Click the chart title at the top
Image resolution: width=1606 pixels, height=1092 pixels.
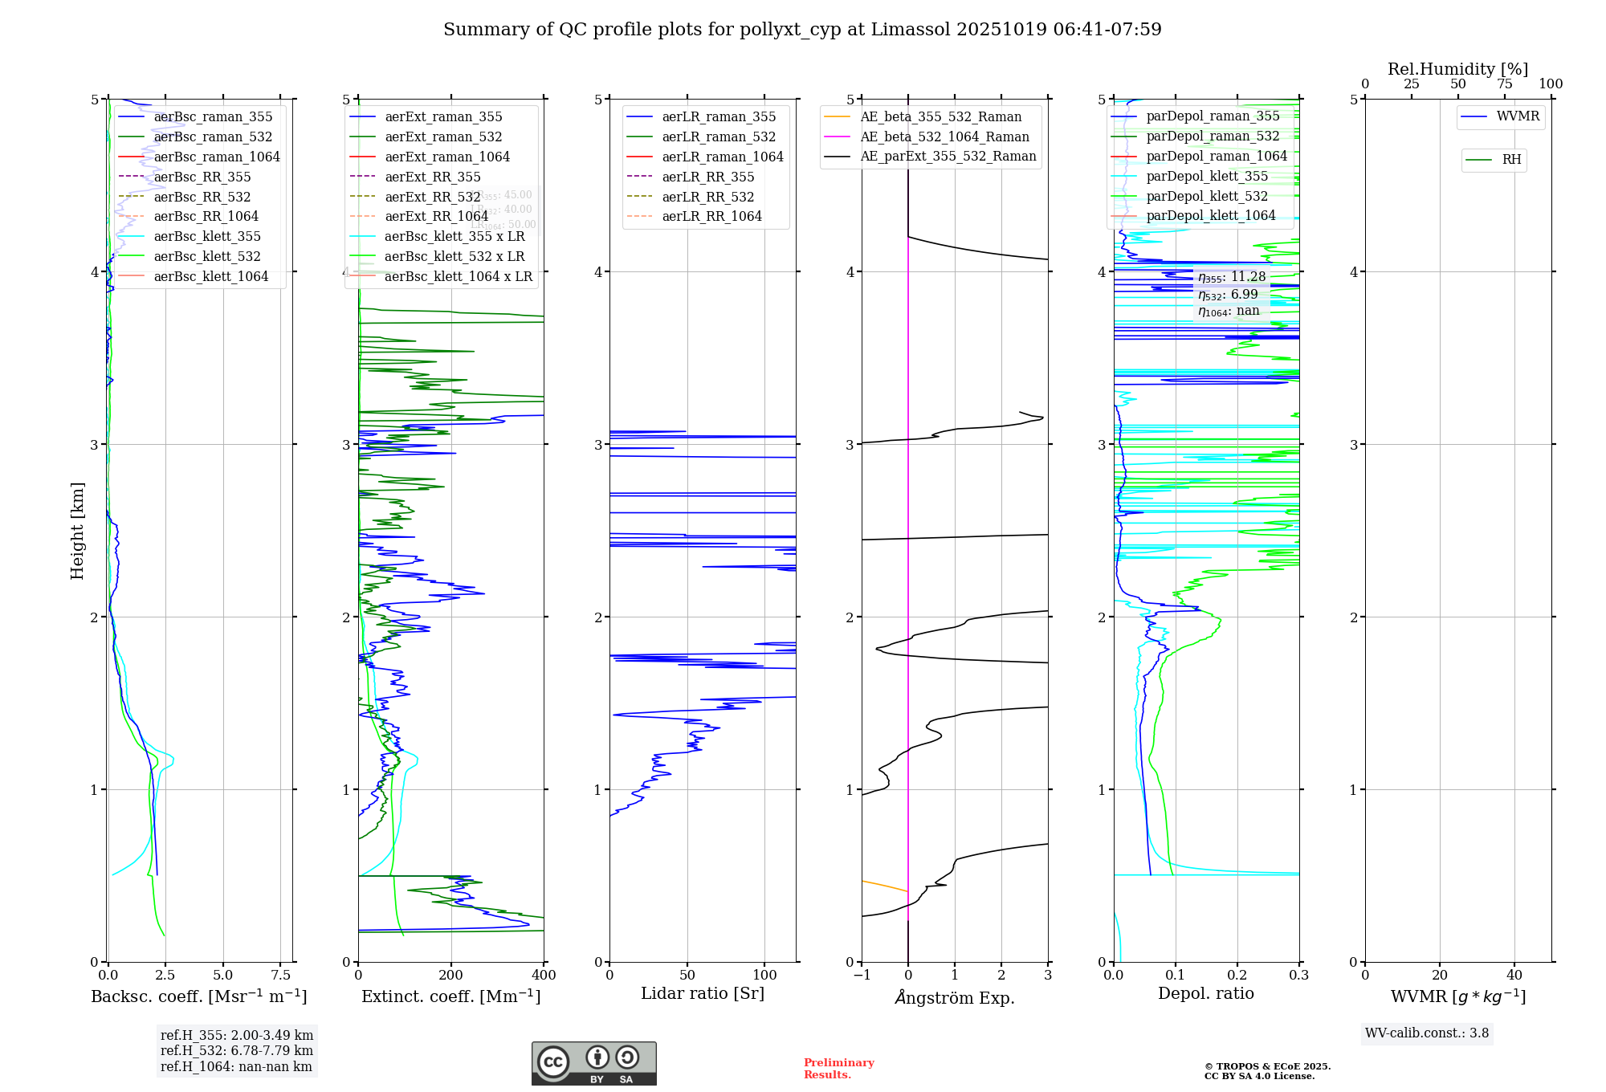click(802, 30)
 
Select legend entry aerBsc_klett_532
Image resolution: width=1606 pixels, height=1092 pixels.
click(207, 257)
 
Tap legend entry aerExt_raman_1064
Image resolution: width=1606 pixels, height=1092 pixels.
click(447, 157)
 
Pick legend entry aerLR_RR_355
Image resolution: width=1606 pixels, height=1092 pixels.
click(707, 177)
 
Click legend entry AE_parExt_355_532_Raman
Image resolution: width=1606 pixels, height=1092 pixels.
click(948, 157)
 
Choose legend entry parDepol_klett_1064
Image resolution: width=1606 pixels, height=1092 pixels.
click(1210, 216)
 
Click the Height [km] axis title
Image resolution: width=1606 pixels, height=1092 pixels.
click(77, 531)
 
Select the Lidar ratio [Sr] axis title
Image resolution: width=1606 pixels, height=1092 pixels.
click(703, 994)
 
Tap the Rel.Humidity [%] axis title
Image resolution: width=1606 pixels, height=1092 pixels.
click(1457, 70)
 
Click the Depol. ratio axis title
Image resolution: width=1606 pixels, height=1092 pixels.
click(1205, 994)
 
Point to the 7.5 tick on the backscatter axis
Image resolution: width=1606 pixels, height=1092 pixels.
click(281, 976)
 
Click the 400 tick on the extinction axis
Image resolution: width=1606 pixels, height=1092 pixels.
click(544, 976)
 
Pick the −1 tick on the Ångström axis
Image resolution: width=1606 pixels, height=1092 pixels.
click(862, 976)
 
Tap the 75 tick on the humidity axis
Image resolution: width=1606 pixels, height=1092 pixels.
click(1504, 84)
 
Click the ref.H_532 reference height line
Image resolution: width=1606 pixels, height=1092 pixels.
click(236, 1051)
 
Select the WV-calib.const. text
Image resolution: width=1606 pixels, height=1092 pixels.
click(1427, 1033)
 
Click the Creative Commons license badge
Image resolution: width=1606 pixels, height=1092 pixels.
click(593, 1064)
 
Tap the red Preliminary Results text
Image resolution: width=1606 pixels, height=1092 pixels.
click(838, 1069)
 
